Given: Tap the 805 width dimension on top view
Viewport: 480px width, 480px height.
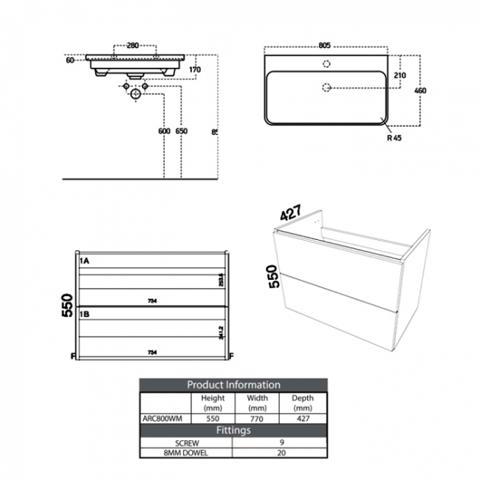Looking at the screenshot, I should click(323, 45).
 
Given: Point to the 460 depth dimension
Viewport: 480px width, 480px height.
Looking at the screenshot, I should click(421, 91).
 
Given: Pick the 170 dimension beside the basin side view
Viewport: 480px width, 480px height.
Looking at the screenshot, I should click(195, 71).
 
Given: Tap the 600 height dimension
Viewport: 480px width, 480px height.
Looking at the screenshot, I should click(164, 131).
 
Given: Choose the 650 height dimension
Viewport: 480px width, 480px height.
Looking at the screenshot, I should click(182, 131).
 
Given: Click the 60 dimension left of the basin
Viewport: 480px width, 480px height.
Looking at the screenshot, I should click(70, 61).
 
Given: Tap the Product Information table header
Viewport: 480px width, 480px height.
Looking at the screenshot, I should click(233, 385).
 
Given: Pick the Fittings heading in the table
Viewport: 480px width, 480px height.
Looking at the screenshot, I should click(233, 429).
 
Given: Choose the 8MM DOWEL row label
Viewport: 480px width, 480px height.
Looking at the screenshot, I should click(185, 453).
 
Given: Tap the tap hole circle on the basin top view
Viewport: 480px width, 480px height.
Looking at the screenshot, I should click(324, 64).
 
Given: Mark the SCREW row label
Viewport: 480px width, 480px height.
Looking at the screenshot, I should click(185, 442).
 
